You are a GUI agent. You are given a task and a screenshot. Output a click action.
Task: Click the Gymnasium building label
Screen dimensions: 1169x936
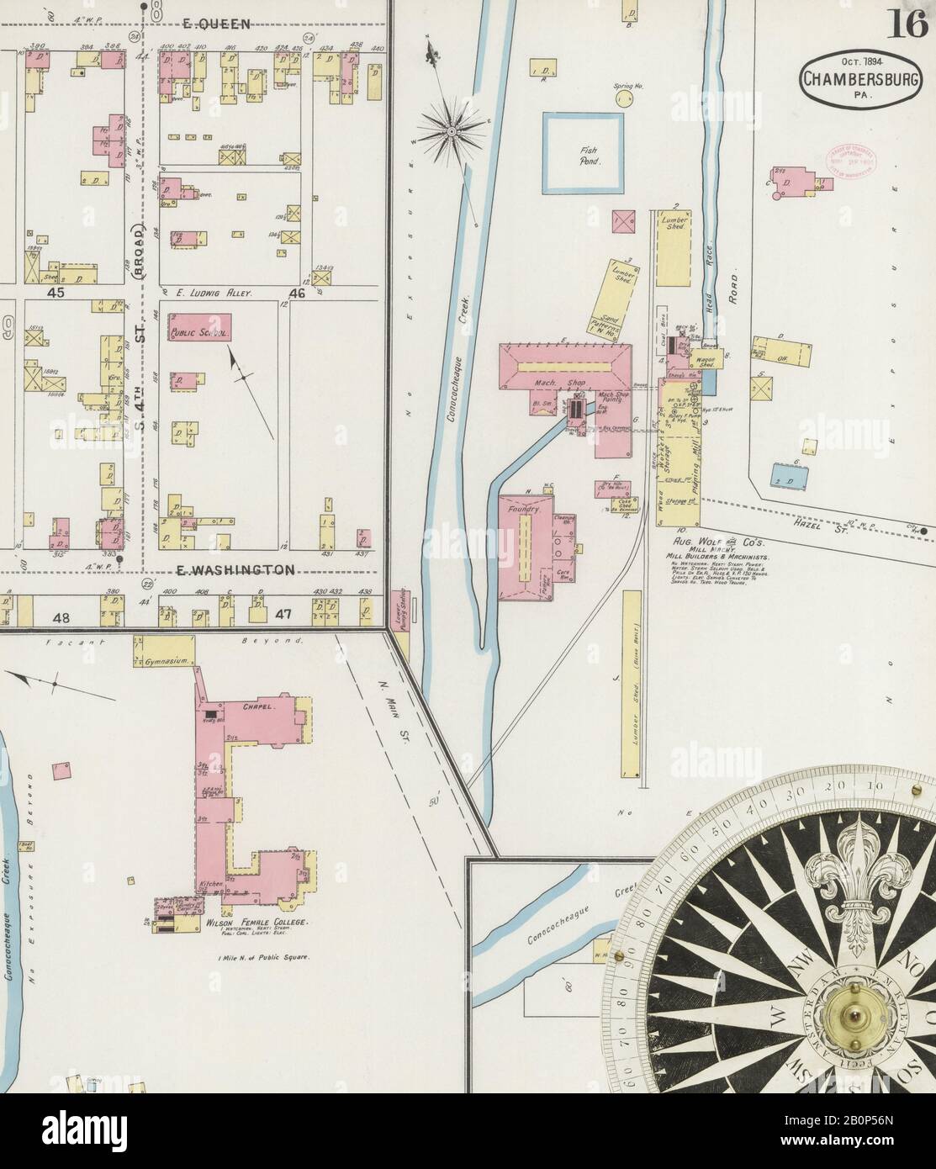click(x=163, y=663)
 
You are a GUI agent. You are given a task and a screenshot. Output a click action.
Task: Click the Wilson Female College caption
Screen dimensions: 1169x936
click(x=257, y=923)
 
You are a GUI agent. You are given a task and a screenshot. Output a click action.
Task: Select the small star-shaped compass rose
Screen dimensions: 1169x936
click(x=452, y=130)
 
